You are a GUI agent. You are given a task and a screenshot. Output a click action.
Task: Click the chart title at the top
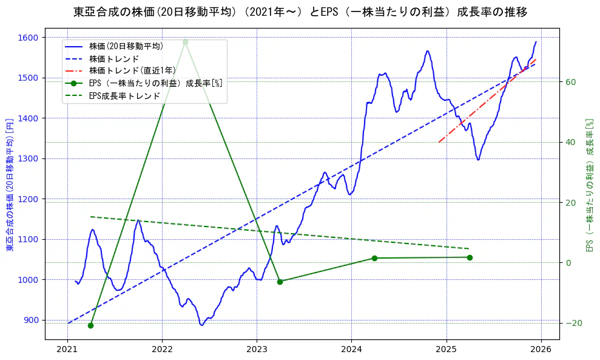tap(300, 12)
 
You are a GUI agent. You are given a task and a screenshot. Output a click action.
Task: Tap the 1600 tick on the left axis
tap(29, 38)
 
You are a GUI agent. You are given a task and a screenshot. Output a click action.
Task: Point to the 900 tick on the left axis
tap(31, 320)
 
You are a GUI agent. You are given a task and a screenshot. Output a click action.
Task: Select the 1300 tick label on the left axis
tap(29, 158)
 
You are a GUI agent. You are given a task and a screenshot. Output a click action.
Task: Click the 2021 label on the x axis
tap(67, 349)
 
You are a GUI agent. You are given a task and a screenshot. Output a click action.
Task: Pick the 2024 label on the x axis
tap(351, 349)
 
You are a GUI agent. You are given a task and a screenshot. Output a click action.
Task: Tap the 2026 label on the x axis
tap(541, 349)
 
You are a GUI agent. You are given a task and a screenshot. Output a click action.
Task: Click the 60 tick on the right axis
tap(570, 82)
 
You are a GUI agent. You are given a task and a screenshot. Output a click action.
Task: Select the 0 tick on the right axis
tap(568, 262)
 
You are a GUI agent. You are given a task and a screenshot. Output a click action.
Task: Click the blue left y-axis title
tap(10, 184)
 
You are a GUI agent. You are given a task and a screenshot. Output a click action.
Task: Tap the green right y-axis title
tap(589, 184)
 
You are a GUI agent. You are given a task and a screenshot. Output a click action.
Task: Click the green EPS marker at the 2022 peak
tap(185, 42)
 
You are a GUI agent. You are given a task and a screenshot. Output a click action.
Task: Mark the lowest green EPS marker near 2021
tap(90, 325)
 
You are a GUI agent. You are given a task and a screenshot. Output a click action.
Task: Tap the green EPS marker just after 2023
tap(280, 282)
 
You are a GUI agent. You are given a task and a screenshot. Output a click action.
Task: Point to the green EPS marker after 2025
tap(470, 257)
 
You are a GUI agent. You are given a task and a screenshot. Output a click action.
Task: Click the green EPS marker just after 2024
tap(374, 258)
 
